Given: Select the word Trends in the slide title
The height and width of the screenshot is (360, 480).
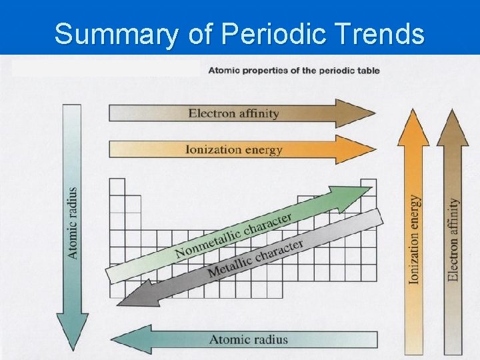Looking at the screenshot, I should coord(383,33).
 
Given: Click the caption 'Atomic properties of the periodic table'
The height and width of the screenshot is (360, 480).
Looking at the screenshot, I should coord(294,70).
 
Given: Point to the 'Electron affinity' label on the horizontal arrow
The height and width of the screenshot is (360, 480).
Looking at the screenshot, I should coord(233,113).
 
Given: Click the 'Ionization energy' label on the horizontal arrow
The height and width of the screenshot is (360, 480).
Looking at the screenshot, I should coord(233,149).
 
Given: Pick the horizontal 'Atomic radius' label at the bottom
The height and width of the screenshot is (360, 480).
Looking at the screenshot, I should coord(249,339).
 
